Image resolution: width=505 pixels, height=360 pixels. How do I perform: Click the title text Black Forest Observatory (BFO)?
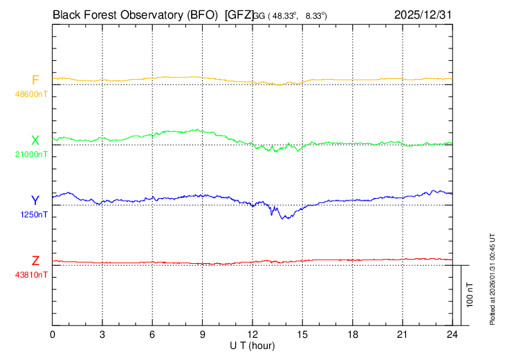point(136,15)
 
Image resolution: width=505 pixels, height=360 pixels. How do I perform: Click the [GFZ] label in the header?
point(239,15)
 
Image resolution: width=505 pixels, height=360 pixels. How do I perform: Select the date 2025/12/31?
point(423,15)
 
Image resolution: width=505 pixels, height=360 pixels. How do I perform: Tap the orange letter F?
point(35,80)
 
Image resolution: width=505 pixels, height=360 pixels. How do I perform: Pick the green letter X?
point(35,141)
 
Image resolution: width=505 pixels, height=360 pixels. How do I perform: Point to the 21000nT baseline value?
point(33,154)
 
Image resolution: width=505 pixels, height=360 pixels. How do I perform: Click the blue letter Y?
point(35,201)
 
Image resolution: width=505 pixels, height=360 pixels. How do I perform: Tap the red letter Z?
point(35,261)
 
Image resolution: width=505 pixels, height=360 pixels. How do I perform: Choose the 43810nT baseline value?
point(33,275)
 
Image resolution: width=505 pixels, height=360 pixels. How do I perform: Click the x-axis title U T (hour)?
point(252,345)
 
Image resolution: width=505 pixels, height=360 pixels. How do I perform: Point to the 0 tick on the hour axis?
point(53,334)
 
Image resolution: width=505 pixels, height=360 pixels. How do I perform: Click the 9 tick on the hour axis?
point(203,334)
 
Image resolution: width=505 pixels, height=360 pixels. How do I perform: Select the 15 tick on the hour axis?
point(302,334)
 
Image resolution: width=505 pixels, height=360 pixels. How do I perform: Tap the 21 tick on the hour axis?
point(403,334)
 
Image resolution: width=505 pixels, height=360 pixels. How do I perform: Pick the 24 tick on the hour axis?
point(452,334)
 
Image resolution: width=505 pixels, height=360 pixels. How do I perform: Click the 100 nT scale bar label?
point(470,295)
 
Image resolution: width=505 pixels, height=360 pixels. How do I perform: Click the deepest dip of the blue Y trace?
point(283,219)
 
